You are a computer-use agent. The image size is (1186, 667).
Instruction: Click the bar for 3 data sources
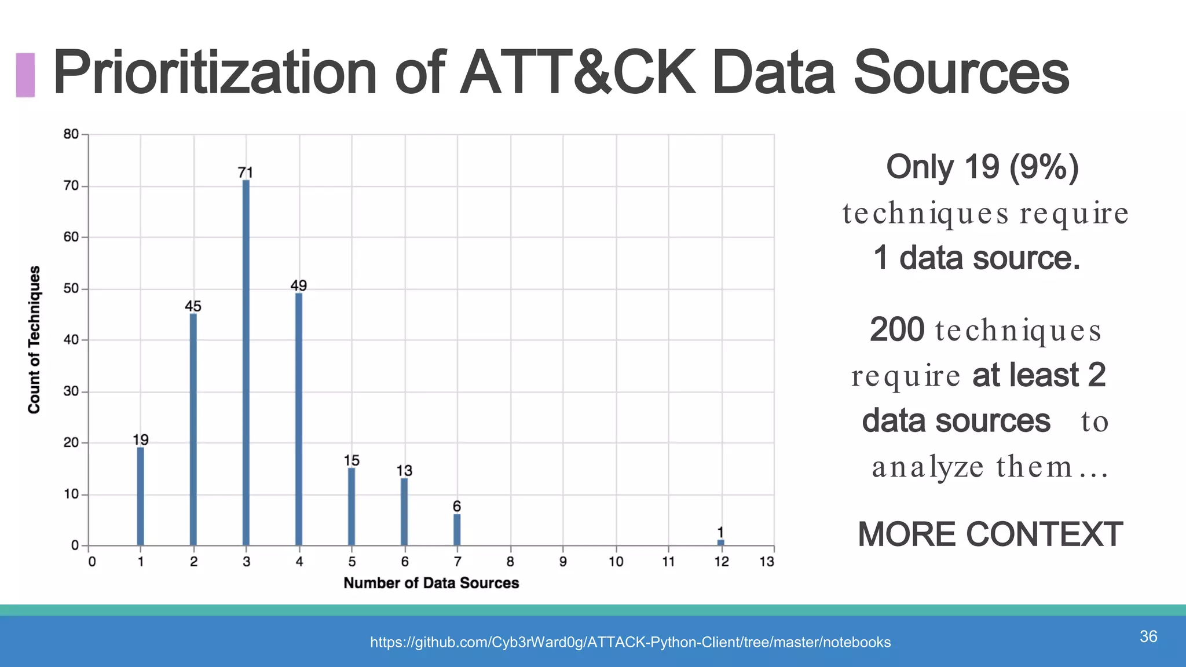[x=246, y=362]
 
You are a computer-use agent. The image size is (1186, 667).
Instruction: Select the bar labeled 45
[x=193, y=429]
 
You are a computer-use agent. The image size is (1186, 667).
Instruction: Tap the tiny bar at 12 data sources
[x=721, y=543]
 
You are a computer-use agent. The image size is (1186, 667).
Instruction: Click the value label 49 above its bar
[x=299, y=285]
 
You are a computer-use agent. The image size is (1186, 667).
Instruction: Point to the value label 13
[x=404, y=471]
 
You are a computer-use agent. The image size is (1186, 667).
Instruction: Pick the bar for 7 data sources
[x=457, y=529]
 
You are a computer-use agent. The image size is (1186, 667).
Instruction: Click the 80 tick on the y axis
[x=71, y=134]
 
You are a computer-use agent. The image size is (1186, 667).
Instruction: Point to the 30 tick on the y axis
[x=71, y=391]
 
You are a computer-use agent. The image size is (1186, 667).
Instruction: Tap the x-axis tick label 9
[x=563, y=562]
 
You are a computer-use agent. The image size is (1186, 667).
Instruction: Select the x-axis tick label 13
[x=767, y=562]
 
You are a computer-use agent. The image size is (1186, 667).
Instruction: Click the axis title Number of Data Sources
[x=431, y=583]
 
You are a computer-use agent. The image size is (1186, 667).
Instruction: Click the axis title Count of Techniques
[x=34, y=340]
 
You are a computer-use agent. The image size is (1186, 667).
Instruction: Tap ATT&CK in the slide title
[x=577, y=73]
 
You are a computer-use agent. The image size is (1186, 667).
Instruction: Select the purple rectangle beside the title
[x=25, y=75]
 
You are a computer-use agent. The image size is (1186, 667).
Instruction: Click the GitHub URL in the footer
[x=630, y=642]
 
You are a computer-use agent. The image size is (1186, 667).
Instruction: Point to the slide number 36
[x=1148, y=636]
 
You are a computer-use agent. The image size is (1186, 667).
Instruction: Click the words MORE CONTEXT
[x=990, y=534]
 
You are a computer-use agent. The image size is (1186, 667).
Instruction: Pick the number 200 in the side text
[x=897, y=329]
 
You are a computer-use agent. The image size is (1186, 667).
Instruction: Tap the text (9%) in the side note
[x=1044, y=167]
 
